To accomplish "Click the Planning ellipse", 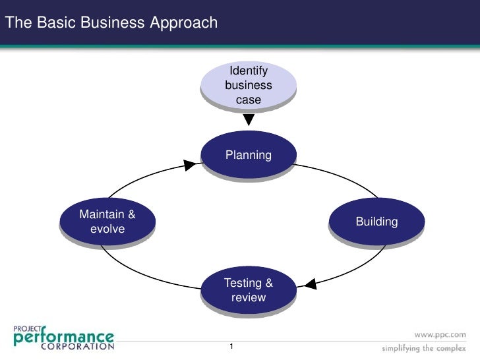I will click(x=249, y=156).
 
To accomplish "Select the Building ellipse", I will click(x=376, y=222).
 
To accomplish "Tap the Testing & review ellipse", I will click(x=249, y=290).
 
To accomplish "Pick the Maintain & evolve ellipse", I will click(x=107, y=222).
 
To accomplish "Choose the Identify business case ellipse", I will click(x=249, y=86).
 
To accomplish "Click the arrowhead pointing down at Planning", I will click(x=249, y=121).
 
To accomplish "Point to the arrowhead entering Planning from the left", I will click(x=190, y=164).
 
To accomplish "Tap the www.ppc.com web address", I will click(x=440, y=334).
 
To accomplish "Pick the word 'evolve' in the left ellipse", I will click(x=107, y=229).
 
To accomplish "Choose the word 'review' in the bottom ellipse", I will click(x=249, y=297).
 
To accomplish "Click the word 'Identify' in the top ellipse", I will click(x=249, y=71).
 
